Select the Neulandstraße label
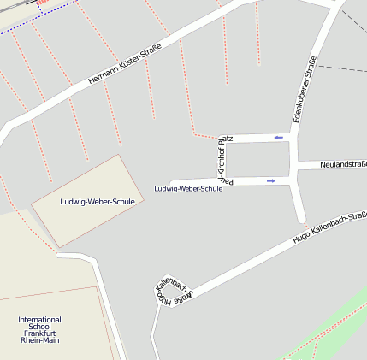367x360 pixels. tap(343, 164)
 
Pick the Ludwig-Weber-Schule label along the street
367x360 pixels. tap(187, 188)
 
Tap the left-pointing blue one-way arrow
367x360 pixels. tap(279, 137)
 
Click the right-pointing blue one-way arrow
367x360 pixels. tap(271, 180)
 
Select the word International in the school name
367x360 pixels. tap(39, 320)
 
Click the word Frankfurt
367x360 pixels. tap(39, 333)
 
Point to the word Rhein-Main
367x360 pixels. tap(39, 340)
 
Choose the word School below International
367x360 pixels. tap(39, 327)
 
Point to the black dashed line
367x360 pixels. tap(342, 69)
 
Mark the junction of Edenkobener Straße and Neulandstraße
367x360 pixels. tap(295, 164)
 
